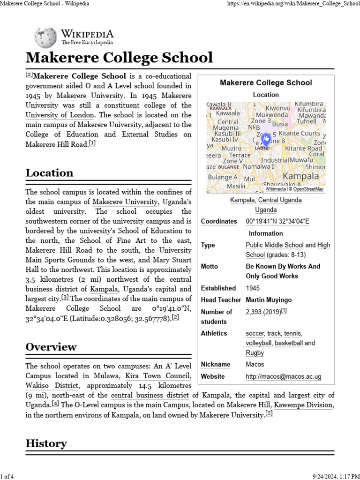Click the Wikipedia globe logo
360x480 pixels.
point(46,37)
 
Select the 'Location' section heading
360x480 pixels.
point(49,172)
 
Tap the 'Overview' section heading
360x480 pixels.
point(51,347)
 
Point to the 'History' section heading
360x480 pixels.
point(46,443)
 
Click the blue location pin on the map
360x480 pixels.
point(265,140)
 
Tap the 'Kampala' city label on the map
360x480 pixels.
point(301,176)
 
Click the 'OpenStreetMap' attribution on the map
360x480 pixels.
point(308,189)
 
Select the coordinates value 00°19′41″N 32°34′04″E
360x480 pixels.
point(277,221)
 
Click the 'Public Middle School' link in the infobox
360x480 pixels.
point(275,245)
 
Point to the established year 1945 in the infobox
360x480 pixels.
point(252,288)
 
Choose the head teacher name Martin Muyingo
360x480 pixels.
point(269,300)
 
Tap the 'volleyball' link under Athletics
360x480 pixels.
point(259,343)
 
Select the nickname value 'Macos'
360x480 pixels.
point(255,364)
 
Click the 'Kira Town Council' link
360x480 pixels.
point(157,376)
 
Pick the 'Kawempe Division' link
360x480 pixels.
point(303,405)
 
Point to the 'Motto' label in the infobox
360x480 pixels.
point(210,266)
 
